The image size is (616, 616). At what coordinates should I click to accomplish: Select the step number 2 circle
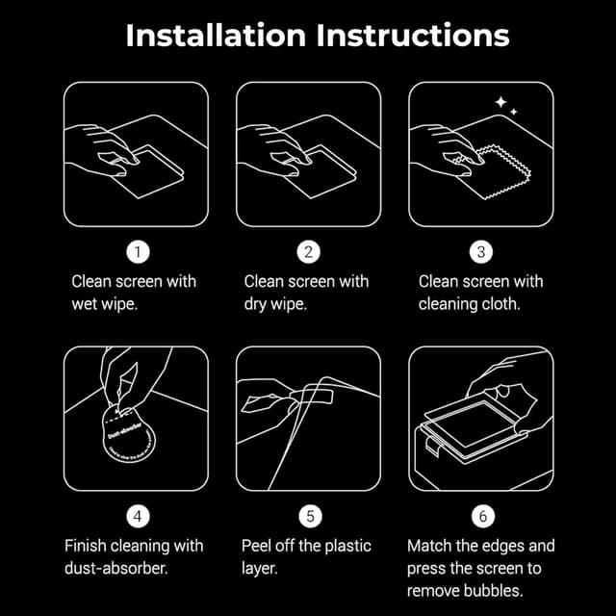[x=308, y=252]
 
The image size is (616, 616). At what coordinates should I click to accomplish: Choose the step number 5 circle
[x=308, y=517]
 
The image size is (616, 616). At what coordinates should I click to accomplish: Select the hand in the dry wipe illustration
[x=279, y=144]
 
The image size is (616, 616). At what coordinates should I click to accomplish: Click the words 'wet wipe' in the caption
[x=105, y=304]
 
